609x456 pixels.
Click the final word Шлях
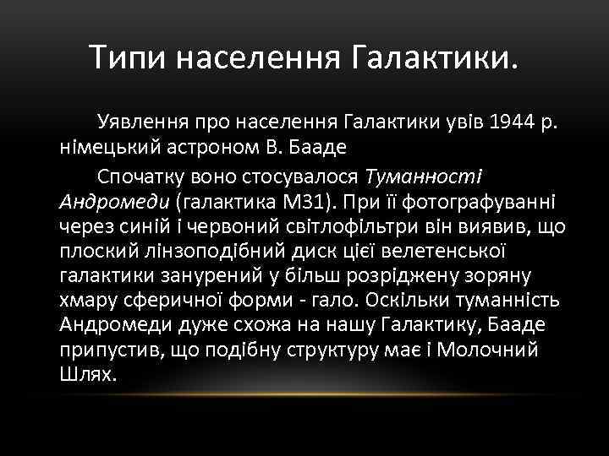[x=87, y=374]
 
